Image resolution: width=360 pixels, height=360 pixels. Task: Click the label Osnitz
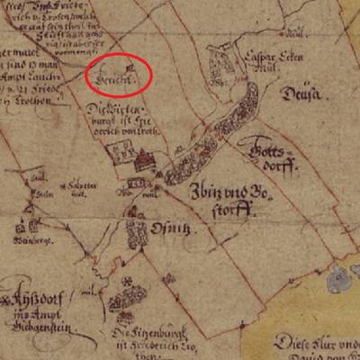(x=176, y=230)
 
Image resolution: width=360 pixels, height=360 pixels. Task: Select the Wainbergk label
(x=31, y=241)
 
